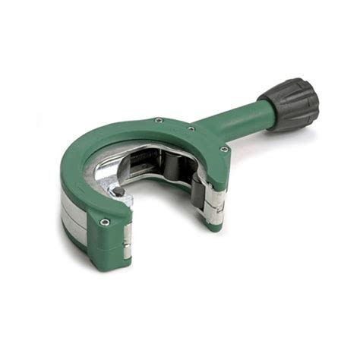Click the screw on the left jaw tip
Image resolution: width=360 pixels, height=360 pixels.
point(104,222)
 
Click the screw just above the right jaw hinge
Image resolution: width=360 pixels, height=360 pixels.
point(223,149)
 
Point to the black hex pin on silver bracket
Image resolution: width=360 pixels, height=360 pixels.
point(119,192)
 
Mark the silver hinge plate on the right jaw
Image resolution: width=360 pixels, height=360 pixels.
point(215,199)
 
